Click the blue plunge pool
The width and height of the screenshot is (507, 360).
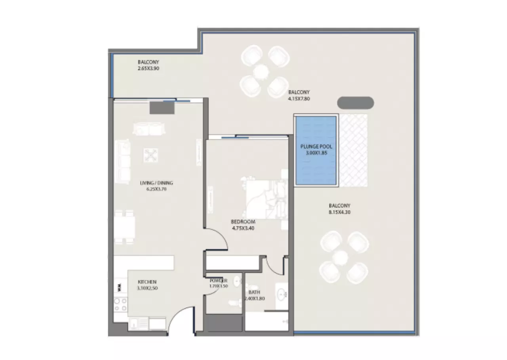point(316,151)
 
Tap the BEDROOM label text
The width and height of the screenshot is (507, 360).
point(243,222)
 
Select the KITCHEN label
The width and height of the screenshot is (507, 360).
point(147,282)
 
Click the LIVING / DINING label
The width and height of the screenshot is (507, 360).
point(156,183)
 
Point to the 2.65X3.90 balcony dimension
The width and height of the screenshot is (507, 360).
point(149,69)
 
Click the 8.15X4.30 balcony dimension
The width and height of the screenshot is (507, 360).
point(339,212)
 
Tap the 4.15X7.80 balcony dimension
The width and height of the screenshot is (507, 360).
point(299,99)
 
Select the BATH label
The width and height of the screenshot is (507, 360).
point(254,292)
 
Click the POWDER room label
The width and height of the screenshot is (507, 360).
point(218,281)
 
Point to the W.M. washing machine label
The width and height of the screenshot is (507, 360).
point(120,287)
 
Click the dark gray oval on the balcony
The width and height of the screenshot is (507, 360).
point(355,103)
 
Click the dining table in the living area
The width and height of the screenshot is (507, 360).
point(124,227)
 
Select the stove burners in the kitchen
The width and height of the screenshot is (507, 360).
point(120,304)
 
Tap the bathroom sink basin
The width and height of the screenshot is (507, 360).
point(281,294)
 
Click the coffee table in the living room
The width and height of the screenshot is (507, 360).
point(151,155)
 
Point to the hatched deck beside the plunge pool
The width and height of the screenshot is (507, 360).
point(353,150)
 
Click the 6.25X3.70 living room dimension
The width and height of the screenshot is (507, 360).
point(156,189)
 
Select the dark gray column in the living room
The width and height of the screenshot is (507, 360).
point(162,108)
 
